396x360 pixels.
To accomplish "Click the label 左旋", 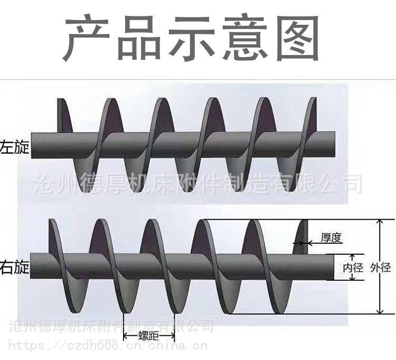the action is pyautogui.click(x=14, y=147).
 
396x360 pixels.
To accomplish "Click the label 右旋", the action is pyautogui.click(x=14, y=267).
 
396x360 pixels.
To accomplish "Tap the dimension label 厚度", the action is pyautogui.click(x=331, y=238).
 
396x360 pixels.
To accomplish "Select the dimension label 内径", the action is pyautogui.click(x=353, y=267).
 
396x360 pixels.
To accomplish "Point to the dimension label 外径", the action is pyautogui.click(x=380, y=267).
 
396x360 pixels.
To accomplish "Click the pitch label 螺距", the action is pyautogui.click(x=149, y=336).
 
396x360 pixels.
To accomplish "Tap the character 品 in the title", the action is pyautogui.click(x=139, y=38).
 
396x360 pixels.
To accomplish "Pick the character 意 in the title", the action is pyautogui.click(x=244, y=38).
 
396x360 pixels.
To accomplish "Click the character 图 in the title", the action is pyautogui.click(x=297, y=38).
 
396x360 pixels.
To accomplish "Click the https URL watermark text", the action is pyautogui.click(x=108, y=345).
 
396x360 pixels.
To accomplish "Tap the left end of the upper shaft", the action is pyautogui.click(x=31, y=145).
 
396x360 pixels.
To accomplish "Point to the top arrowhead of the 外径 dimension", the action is pyautogui.click(x=380, y=222).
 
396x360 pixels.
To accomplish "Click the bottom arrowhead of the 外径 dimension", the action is pyautogui.click(x=380, y=311).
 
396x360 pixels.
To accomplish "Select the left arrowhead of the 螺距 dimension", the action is pyautogui.click(x=125, y=336).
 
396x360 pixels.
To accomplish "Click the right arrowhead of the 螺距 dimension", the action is pyautogui.click(x=173, y=336).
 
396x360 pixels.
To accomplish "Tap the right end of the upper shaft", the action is pyautogui.click(x=335, y=144).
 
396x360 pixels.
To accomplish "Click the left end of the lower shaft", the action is pyautogui.click(x=31, y=266).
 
